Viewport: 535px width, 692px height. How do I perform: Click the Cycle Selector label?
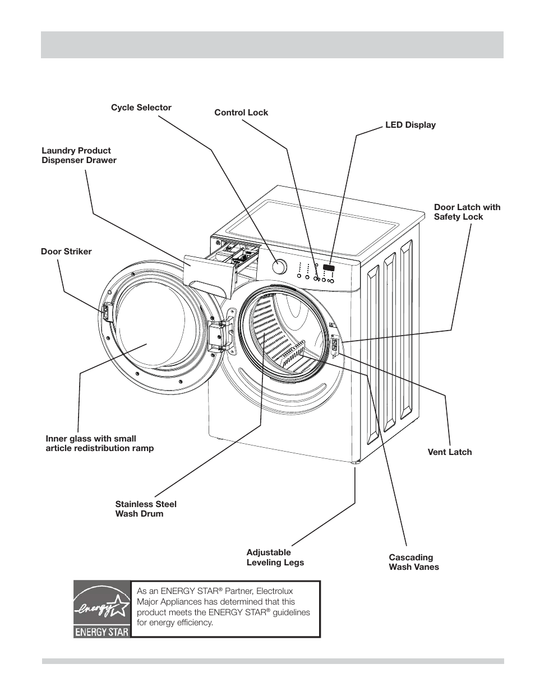(x=141, y=108)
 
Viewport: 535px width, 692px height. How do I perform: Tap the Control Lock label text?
(x=241, y=113)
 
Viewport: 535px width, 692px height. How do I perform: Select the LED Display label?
(x=410, y=125)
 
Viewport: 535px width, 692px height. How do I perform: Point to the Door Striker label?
(x=66, y=252)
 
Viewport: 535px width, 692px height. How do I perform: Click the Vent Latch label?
(x=449, y=452)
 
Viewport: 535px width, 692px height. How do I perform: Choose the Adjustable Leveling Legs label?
(x=275, y=558)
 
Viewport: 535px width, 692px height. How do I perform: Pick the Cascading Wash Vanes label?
(x=414, y=562)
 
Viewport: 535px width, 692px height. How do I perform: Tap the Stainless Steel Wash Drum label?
(x=146, y=509)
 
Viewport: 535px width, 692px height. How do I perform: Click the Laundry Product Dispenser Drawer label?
(x=79, y=155)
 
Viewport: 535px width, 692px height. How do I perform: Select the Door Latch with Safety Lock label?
(x=467, y=212)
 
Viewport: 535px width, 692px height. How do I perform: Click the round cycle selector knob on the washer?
(x=279, y=266)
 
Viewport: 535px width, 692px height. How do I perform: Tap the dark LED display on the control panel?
(x=329, y=268)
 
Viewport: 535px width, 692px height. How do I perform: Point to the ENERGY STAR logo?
(x=102, y=609)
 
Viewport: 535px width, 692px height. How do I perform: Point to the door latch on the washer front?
(x=334, y=345)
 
